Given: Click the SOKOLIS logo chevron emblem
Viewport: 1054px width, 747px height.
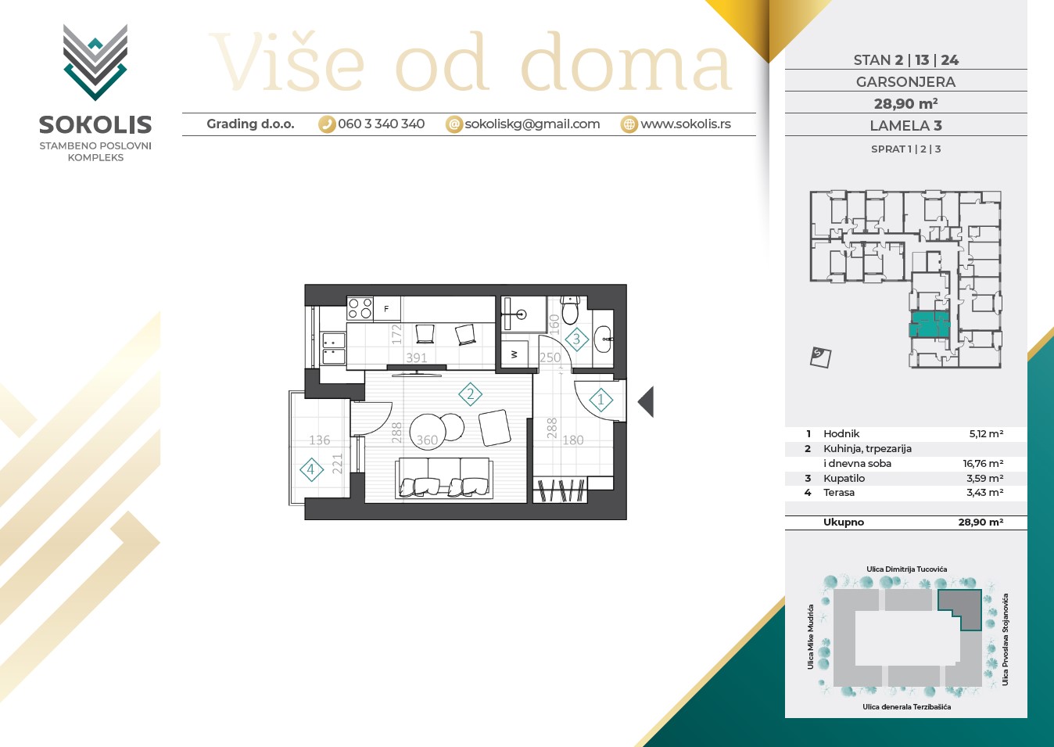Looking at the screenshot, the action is pyautogui.click(x=95, y=62).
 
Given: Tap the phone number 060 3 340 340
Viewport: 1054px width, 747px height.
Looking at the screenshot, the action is pyautogui.click(x=381, y=124).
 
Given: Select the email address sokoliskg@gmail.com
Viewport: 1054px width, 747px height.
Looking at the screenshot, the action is pyautogui.click(x=532, y=124).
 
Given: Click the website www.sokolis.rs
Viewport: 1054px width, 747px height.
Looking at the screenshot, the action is pyautogui.click(x=686, y=124).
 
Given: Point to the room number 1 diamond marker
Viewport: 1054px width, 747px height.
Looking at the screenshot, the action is pyautogui.click(x=600, y=400).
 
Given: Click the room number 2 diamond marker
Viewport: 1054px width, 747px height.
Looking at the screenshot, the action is pyautogui.click(x=470, y=394).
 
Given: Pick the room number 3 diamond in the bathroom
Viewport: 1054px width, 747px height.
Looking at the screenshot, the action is pyautogui.click(x=576, y=339).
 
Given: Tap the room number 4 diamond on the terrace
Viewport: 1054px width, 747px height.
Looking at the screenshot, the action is pyautogui.click(x=311, y=470).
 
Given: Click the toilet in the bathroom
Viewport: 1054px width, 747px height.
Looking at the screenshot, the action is pyautogui.click(x=570, y=311).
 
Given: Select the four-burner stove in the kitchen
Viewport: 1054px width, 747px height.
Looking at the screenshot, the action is pyautogui.click(x=360, y=309).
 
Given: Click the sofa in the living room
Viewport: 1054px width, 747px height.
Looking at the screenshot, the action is pyautogui.click(x=444, y=478).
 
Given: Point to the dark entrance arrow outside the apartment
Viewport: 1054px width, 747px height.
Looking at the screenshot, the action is pyautogui.click(x=646, y=401).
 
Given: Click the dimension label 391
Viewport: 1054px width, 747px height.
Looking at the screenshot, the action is pyautogui.click(x=417, y=358).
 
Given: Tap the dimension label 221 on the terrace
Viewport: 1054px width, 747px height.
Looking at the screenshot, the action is pyautogui.click(x=337, y=464).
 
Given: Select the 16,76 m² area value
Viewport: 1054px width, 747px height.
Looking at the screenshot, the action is pyautogui.click(x=983, y=464).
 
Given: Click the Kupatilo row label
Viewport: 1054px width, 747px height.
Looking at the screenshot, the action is pyautogui.click(x=844, y=478).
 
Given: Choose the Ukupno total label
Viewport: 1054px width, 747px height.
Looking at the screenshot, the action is pyautogui.click(x=844, y=522).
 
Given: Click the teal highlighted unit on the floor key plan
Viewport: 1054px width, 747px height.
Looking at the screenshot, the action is pyautogui.click(x=929, y=324).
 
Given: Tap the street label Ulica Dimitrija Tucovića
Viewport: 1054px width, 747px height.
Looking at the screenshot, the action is pyautogui.click(x=907, y=569).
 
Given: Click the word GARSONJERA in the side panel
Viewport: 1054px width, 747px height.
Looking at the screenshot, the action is pyautogui.click(x=905, y=82).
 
